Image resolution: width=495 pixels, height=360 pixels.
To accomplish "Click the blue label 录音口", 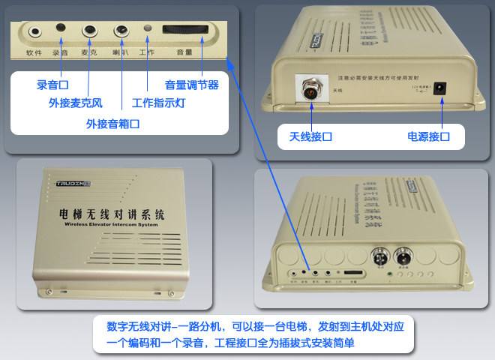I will [x=52, y=85].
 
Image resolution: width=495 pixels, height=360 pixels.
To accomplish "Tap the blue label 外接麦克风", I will [x=76, y=103].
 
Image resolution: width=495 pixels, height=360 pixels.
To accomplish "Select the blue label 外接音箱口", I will [x=112, y=123].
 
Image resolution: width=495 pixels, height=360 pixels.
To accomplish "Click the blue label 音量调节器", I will [x=192, y=85].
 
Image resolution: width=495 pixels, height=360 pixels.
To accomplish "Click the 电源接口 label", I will [x=428, y=137].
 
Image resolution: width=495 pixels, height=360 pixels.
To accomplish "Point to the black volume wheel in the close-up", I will [x=184, y=32].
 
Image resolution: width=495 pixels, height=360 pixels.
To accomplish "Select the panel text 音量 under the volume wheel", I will [x=184, y=53].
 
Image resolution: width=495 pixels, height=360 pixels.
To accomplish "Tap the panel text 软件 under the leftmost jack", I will [x=34, y=53].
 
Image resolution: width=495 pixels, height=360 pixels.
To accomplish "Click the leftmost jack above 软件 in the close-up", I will [x=35, y=32].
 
